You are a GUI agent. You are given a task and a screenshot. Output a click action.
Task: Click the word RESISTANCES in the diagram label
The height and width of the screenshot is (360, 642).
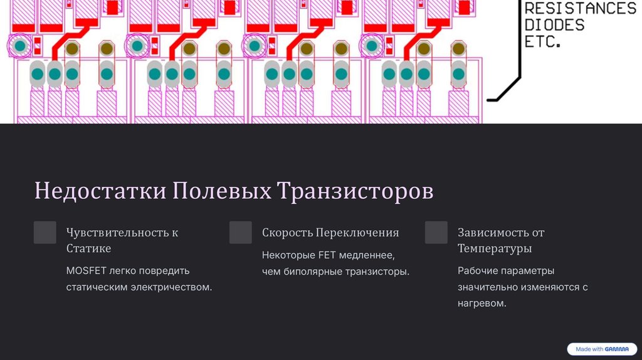pyautogui.click(x=579, y=9)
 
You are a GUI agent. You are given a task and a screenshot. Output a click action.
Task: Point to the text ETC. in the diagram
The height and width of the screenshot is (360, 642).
pyautogui.click(x=542, y=43)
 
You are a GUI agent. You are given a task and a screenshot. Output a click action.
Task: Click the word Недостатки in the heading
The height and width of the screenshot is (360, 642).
pyautogui.click(x=100, y=191)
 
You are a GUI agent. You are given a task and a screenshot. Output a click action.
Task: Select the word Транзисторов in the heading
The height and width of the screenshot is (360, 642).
pyautogui.click(x=355, y=191)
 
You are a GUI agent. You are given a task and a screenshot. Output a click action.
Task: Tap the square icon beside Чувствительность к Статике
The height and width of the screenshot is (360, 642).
pyautogui.click(x=45, y=233)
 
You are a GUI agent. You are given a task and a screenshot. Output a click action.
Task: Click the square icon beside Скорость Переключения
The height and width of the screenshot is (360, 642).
pyautogui.click(x=241, y=233)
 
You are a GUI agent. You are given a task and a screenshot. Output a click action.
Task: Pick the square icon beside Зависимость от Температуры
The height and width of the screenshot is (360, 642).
pyautogui.click(x=436, y=233)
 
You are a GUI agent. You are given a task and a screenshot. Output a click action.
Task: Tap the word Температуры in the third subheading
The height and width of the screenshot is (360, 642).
pyautogui.click(x=495, y=248)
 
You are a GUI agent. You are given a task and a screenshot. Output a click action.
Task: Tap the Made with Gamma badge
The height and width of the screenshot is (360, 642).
pyautogui.click(x=602, y=349)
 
